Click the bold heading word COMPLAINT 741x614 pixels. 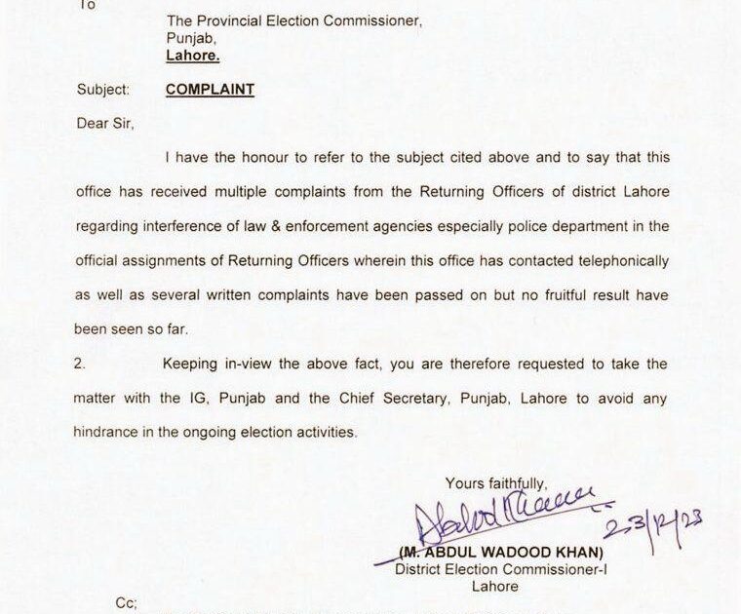210,89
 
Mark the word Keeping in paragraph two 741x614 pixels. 195,365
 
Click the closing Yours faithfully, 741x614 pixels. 497,482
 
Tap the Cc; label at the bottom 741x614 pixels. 126,603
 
